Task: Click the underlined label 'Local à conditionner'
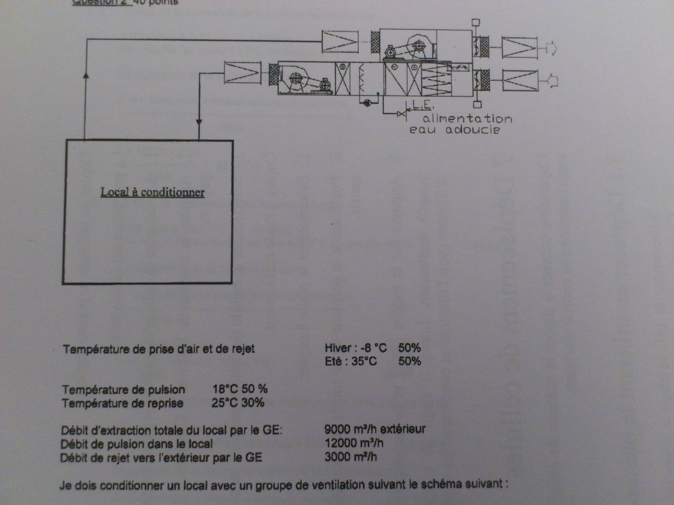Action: pos(153,192)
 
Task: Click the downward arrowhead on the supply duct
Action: pos(199,122)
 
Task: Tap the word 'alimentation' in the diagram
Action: pos(467,119)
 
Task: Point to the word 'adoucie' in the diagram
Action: pos(472,130)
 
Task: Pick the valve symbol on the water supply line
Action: pos(401,114)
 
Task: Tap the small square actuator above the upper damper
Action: pos(476,23)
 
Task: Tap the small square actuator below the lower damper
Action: pos(477,105)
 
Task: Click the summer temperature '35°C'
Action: pos(364,362)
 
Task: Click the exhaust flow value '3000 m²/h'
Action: pos(350,457)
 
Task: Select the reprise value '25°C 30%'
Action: pos(238,403)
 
